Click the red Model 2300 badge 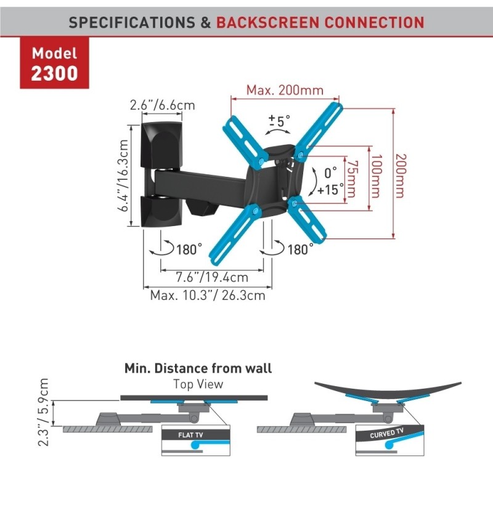pyautogui.click(x=54, y=63)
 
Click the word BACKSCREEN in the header pyautogui.click(x=268, y=22)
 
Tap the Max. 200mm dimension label pyautogui.click(x=285, y=90)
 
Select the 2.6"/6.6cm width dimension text pyautogui.click(x=163, y=105)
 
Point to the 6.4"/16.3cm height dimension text pyautogui.click(x=123, y=176)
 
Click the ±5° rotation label pyautogui.click(x=280, y=121)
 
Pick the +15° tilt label pyautogui.click(x=330, y=190)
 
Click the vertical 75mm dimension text pyautogui.click(x=352, y=179)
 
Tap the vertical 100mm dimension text pyautogui.click(x=376, y=176)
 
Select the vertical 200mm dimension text pyautogui.click(x=401, y=176)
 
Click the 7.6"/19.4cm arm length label pyautogui.click(x=212, y=277)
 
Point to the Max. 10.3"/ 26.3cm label pyautogui.click(x=208, y=295)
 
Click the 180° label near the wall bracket pyautogui.click(x=189, y=249)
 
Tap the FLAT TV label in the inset pyautogui.click(x=190, y=435)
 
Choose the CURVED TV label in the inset pyautogui.click(x=386, y=433)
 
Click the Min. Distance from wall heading pyautogui.click(x=198, y=368)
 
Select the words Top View pyautogui.click(x=198, y=384)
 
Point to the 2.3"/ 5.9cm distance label pyautogui.click(x=43, y=412)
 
